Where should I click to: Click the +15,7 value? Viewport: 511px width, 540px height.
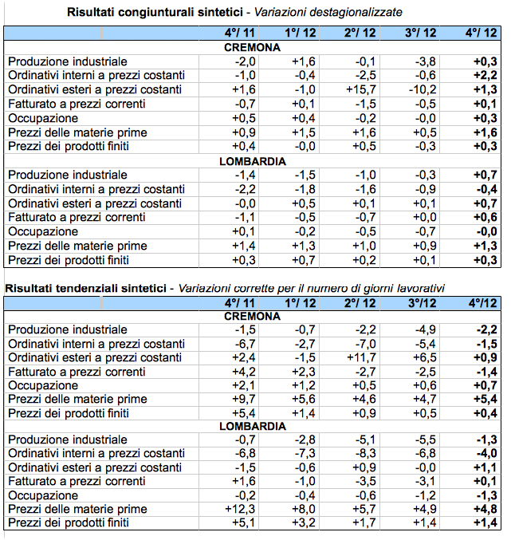[x=360, y=90]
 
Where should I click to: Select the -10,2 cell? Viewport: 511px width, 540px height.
[x=420, y=90]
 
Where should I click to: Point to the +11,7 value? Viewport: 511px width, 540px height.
[x=360, y=358]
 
